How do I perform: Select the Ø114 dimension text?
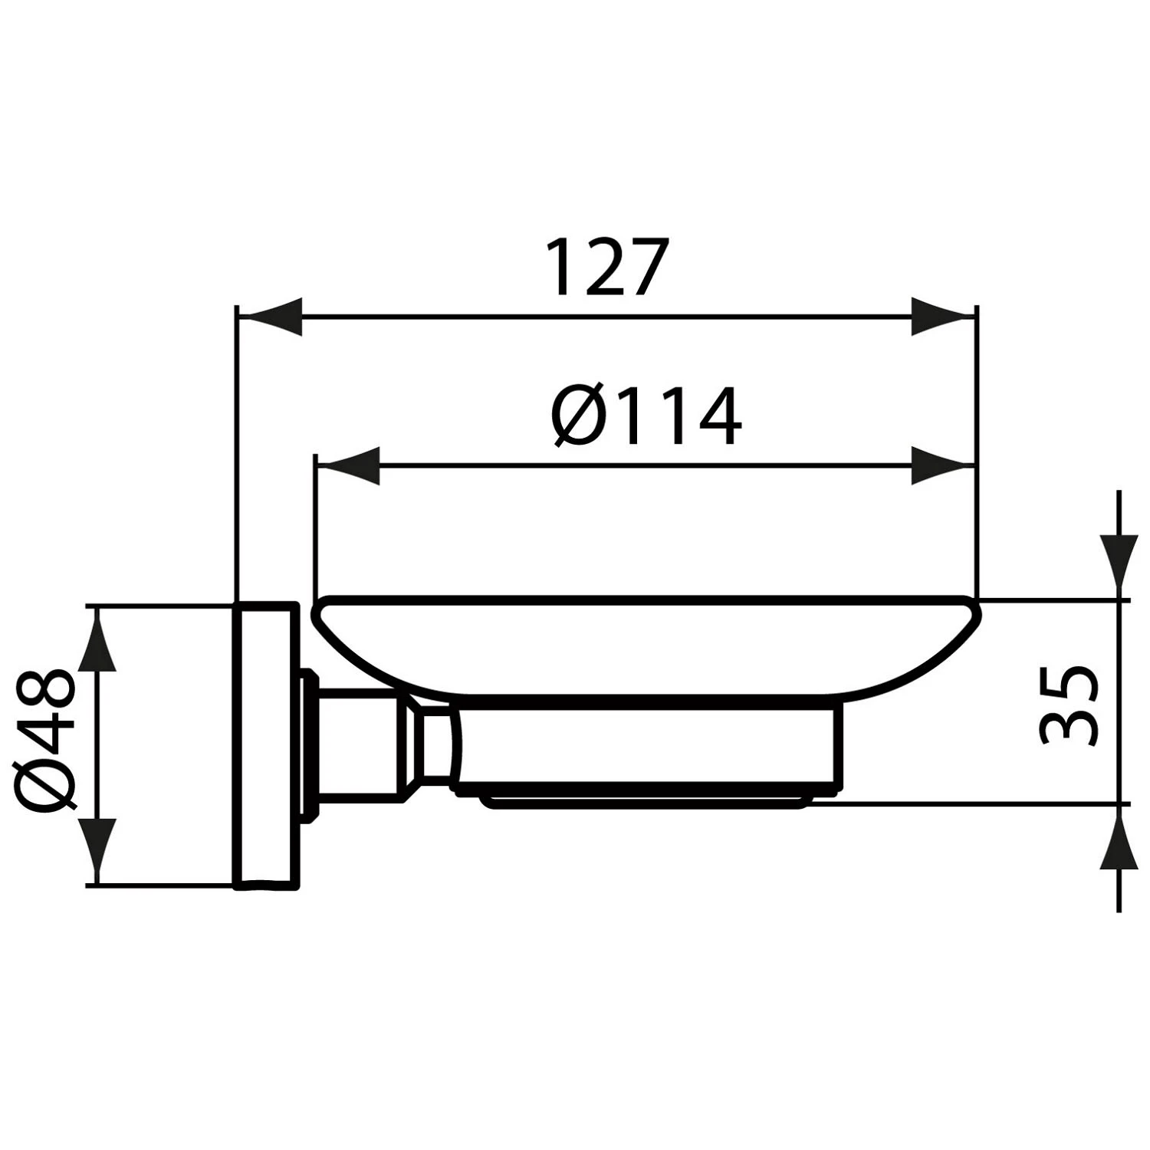click(646, 418)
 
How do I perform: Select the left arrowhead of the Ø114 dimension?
click(349, 466)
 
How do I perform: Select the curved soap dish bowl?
click(644, 644)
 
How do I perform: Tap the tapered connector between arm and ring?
click(429, 747)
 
